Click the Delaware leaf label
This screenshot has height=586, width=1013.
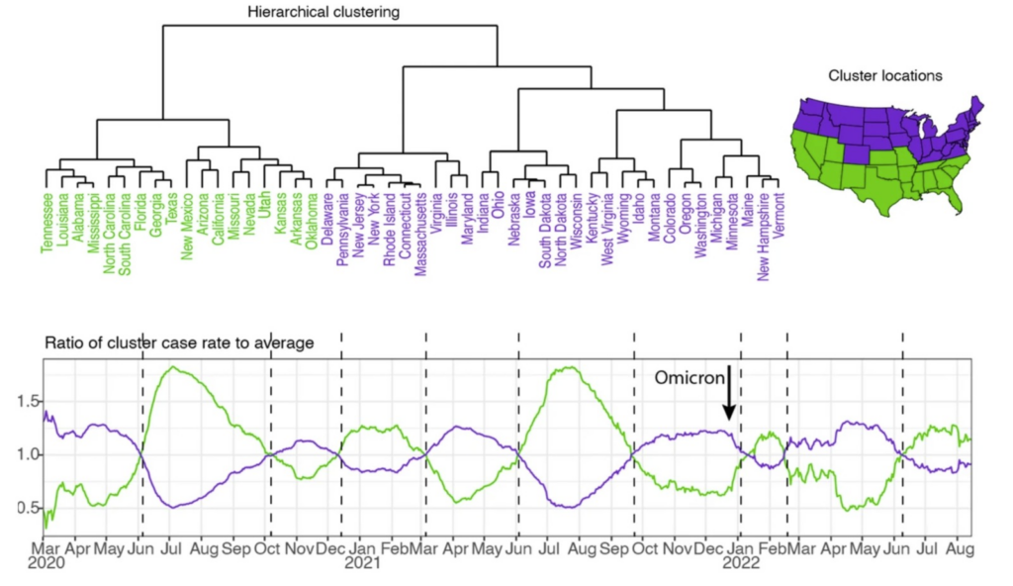pyautogui.click(x=326, y=218)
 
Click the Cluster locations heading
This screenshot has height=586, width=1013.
pyautogui.click(x=884, y=75)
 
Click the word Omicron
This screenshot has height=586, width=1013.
pyautogui.click(x=693, y=376)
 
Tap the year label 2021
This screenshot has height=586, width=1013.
pyautogui.click(x=361, y=564)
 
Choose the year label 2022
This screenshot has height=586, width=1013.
pyautogui.click(x=740, y=564)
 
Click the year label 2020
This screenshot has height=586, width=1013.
pyautogui.click(x=46, y=564)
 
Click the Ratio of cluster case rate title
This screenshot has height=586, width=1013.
pyautogui.click(x=180, y=342)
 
